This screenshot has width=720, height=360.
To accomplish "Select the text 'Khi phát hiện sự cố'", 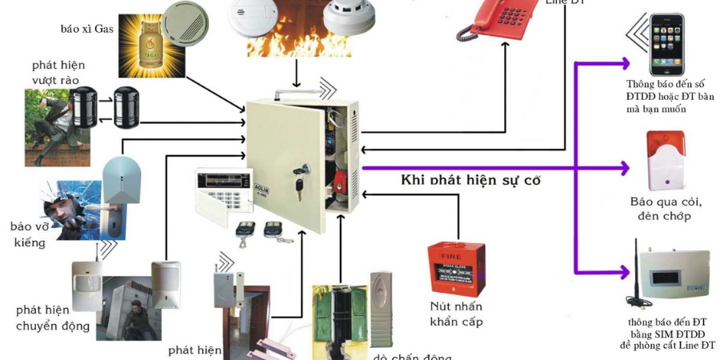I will point(470,180).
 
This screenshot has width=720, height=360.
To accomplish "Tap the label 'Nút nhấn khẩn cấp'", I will point(455,314).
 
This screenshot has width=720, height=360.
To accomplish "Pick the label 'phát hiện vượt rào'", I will point(58,71).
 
